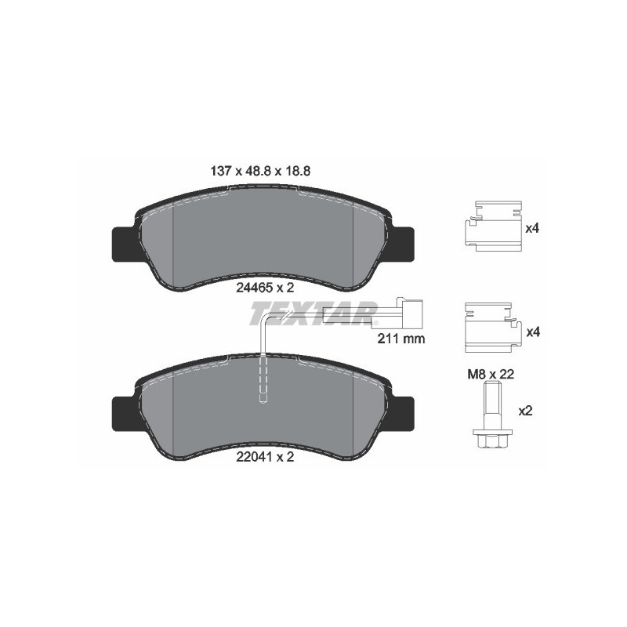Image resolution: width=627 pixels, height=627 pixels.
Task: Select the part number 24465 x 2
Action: coord(264,287)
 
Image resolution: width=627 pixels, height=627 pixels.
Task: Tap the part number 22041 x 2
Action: coord(264,458)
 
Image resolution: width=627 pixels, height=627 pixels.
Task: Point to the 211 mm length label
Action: coord(400,340)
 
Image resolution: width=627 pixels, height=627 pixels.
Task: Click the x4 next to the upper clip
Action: coord(533,228)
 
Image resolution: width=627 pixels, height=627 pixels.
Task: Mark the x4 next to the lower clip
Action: coord(533,332)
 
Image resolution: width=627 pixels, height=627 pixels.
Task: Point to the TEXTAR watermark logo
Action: coord(313,314)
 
